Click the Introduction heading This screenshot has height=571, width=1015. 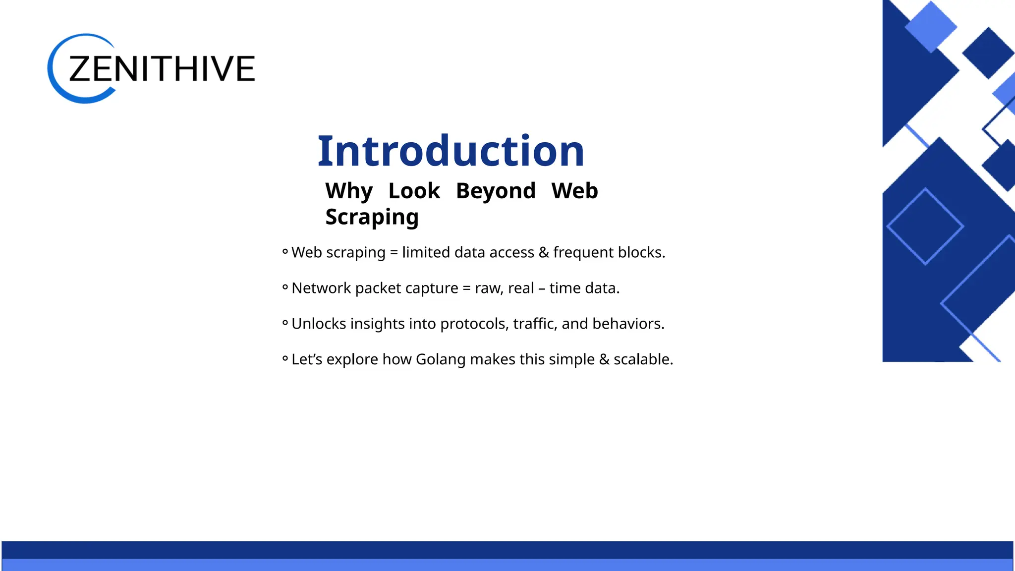[451, 151]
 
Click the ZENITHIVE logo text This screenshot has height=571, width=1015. [162, 69]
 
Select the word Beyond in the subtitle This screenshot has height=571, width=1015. [496, 191]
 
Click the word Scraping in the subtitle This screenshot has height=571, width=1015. [372, 217]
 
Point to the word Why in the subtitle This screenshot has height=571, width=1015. [348, 191]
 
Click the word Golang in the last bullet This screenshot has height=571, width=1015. [440, 359]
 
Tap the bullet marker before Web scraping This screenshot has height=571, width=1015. [285, 252]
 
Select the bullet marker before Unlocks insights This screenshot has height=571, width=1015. [285, 323]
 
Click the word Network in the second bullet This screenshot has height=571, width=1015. [321, 288]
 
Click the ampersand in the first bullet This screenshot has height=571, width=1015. [544, 252]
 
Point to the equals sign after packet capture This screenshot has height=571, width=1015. [466, 288]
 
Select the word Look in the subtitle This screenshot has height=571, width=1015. [414, 191]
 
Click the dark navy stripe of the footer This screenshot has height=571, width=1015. [507, 550]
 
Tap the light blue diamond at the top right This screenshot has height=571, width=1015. [930, 26]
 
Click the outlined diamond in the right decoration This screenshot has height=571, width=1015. [925, 227]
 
